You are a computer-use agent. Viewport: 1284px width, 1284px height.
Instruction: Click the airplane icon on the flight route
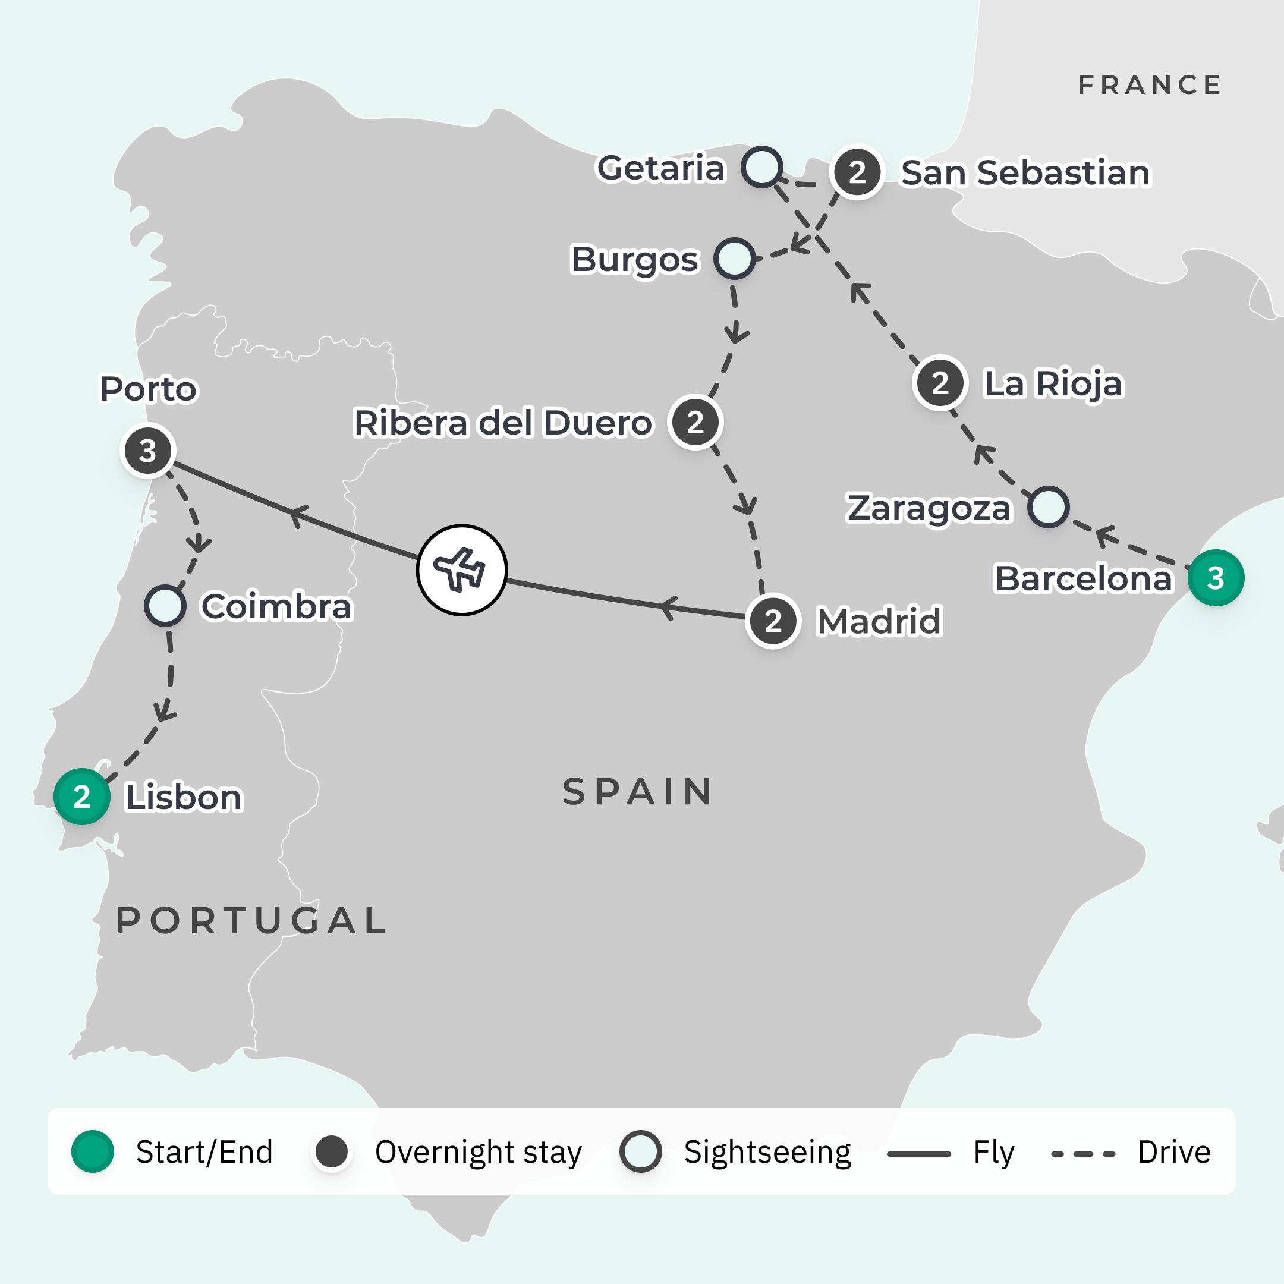462,569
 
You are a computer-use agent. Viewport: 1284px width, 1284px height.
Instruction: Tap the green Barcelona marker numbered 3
1216,578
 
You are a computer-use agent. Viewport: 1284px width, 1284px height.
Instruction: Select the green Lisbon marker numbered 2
82,796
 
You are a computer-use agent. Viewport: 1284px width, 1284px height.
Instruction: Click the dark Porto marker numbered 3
148,451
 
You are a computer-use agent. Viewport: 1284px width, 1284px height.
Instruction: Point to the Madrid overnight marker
772,621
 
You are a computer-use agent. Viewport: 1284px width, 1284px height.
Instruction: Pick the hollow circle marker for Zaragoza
1048,507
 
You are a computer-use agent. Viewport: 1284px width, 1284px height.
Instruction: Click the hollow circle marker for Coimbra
165,606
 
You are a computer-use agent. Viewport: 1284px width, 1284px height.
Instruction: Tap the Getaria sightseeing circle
761,167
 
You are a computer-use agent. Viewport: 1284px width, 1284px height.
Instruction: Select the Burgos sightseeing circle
734,258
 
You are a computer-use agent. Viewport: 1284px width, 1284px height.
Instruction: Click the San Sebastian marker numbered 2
857,172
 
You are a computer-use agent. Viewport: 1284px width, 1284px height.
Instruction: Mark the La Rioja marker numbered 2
939,383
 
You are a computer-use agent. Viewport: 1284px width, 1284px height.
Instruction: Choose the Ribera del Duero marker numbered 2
695,422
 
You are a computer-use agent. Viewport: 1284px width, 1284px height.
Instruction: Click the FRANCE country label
1149,85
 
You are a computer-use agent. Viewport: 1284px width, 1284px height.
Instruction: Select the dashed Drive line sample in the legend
1082,1154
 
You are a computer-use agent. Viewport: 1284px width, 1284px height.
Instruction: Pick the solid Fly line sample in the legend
918,1154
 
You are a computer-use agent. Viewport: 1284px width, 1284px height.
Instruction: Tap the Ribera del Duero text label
503,423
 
